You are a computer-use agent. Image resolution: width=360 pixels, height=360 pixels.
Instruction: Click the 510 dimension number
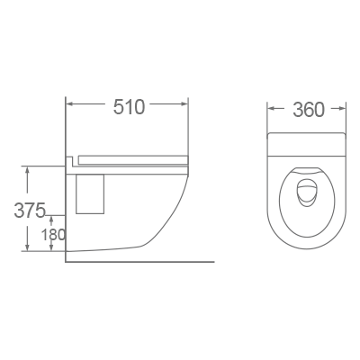[129, 107]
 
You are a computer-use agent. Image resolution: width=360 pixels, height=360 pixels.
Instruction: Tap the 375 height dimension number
[30, 211]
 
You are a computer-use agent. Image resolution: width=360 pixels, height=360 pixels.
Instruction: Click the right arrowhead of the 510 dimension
[186, 106]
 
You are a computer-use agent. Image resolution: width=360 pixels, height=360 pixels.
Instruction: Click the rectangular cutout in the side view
[92, 194]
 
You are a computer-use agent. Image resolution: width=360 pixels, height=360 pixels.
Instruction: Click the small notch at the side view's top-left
[70, 163]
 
